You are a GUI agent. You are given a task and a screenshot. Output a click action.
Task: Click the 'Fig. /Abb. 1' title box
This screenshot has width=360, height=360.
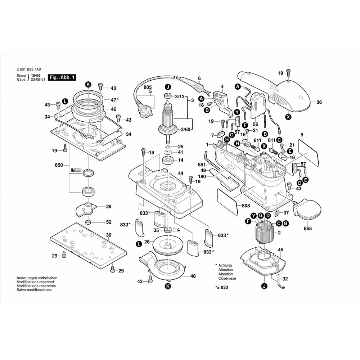pos(62,78)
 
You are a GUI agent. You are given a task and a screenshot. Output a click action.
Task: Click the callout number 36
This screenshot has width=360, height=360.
pos(319,102)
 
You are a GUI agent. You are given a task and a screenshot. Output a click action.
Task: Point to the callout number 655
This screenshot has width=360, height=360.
pos(308,229)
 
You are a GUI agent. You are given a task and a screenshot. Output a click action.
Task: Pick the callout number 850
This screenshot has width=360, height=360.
pos(59,165)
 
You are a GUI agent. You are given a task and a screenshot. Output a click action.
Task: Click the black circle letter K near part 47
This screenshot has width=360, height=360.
pos(88,84)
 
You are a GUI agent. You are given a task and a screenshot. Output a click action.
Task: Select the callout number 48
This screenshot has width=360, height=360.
pos(193,276)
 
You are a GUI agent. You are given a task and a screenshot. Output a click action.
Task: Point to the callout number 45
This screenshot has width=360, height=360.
pos(281,249)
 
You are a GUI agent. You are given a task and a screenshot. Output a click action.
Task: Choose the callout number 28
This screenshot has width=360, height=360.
pos(108,207)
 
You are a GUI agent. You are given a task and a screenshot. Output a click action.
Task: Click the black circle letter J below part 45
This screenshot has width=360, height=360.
pos(264,286)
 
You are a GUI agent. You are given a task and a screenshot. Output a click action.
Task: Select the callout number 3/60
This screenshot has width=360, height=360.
pos(186,130)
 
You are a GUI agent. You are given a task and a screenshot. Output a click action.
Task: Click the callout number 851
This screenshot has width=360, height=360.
pos(202,165)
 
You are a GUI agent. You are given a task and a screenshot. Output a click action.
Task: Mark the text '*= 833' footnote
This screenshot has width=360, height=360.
pos(222,287)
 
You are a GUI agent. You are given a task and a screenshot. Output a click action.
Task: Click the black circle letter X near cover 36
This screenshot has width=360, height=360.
pos(288,117)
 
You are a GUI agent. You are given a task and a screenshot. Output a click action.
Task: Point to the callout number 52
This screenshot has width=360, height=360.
pos(109,222)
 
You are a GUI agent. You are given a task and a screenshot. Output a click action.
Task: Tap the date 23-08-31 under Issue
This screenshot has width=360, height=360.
pos(37,80)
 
